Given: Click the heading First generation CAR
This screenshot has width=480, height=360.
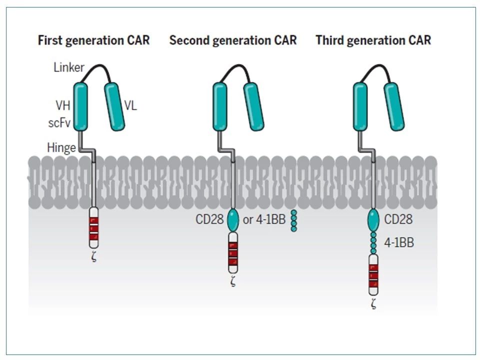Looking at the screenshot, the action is tap(93, 40).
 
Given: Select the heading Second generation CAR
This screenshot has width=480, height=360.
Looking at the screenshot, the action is tap(233, 40).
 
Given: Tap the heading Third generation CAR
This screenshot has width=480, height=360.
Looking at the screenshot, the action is tap(373, 40).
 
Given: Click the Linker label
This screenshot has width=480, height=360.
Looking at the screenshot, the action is tap(68, 67).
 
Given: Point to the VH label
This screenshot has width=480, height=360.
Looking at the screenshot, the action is tap(63, 105).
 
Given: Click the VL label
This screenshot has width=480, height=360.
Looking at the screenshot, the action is tap(130, 105).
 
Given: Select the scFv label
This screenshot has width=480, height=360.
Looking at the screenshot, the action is tap(59, 123).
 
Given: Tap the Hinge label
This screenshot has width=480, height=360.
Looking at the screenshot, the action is tap(61, 148).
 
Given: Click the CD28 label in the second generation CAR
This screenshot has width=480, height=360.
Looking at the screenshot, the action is tap(209, 219).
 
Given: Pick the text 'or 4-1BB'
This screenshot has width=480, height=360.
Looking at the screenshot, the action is tap(264, 219).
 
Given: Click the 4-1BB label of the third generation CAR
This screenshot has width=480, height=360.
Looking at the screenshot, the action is tap(399, 242).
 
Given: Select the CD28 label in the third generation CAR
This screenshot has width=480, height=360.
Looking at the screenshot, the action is tap(398, 219).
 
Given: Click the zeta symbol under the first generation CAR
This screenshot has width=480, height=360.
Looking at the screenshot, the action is tap(94, 256).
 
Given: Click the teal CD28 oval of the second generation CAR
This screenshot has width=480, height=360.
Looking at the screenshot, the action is tap(233, 220).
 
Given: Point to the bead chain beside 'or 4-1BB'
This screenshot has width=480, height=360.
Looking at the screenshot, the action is tap(294, 220).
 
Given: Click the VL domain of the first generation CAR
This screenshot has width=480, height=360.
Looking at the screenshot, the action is tap(114, 106).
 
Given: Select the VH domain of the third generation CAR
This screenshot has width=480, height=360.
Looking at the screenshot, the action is tap(360, 106).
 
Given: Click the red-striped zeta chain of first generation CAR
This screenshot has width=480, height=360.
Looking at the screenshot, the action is tap(94, 227).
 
